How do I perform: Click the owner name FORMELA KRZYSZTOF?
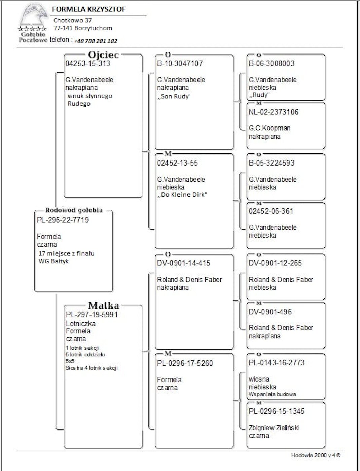pos(89,9)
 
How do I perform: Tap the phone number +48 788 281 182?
pos(96,41)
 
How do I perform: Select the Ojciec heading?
pos(103,55)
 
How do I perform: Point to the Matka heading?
pos(104,305)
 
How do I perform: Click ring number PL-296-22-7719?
pos(63,220)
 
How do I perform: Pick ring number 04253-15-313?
pos(88,64)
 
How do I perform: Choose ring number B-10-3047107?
pos(180,64)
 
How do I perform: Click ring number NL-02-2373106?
pos(274,112)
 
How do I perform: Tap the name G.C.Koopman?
pos(269,128)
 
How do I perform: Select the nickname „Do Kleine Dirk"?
pos(182,195)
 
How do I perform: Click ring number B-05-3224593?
pos(272,163)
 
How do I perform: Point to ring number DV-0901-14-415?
pos(183,263)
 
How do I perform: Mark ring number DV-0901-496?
pos(270,312)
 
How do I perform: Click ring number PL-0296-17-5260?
pos(185,363)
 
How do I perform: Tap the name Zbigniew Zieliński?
pos(274,428)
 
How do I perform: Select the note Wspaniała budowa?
pos(272,394)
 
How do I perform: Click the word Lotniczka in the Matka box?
pos(81,324)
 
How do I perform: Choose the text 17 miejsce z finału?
pos(66,254)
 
